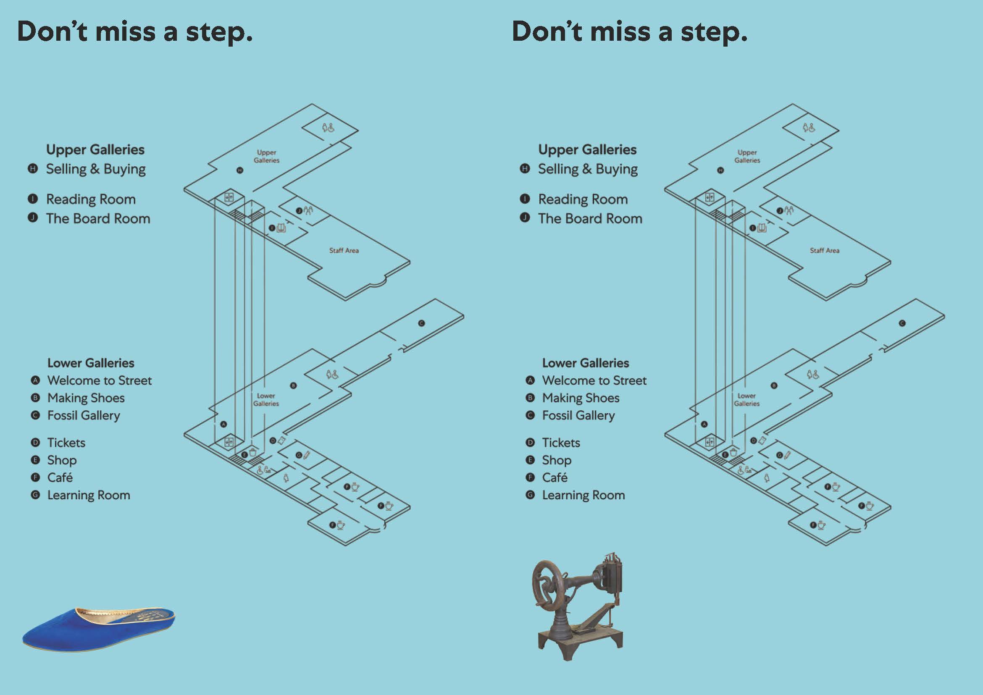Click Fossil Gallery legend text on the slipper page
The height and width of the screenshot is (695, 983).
pos(84,416)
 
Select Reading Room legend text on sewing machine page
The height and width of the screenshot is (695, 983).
pos(583,199)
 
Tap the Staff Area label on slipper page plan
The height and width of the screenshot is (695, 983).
pos(344,251)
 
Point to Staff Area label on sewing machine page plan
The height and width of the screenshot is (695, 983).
pos(825,251)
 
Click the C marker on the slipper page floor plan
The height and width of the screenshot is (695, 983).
pos(421,323)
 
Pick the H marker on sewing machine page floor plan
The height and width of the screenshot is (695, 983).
pos(720,170)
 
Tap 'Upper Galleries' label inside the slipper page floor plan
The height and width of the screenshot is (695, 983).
pos(266,156)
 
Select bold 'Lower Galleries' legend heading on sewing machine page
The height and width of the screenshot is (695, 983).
pos(585,363)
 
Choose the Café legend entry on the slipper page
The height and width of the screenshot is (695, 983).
pos(60,477)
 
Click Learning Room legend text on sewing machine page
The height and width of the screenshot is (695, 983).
pos(583,495)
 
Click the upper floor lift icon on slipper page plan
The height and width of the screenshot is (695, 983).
pos(229,197)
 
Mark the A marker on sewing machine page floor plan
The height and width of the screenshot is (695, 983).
pos(704,424)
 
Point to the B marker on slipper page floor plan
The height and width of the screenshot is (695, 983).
pos(293,386)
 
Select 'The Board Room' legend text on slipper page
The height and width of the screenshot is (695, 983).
pos(98,219)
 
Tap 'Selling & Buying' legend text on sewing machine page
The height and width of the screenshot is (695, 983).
pos(587,169)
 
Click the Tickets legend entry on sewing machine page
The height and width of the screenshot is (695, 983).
pos(561,443)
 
